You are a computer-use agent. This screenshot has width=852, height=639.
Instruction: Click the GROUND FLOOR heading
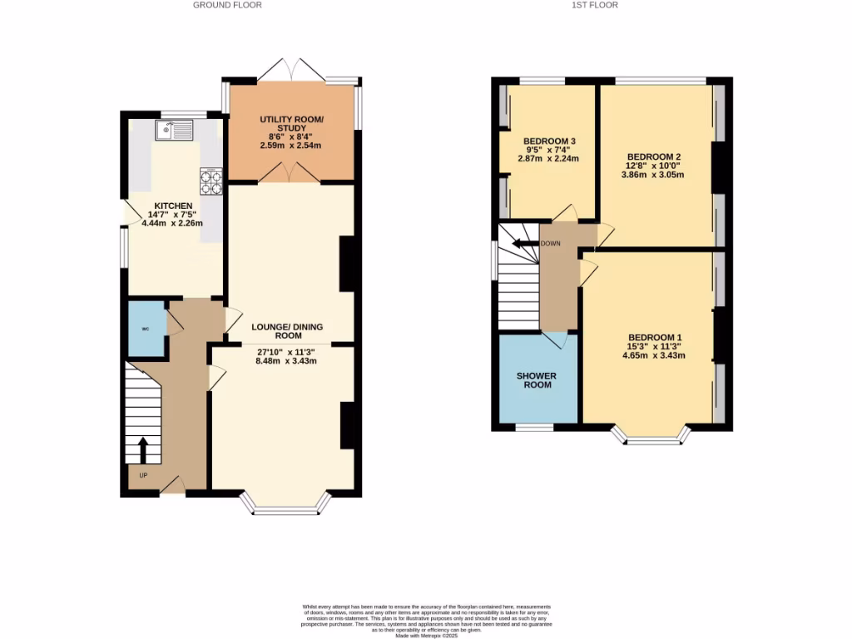click(x=227, y=5)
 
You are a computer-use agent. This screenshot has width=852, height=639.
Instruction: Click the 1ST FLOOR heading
click(x=595, y=5)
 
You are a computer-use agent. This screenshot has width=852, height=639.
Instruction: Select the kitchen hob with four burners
click(x=211, y=181)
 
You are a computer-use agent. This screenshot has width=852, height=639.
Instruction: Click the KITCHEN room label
click(x=173, y=206)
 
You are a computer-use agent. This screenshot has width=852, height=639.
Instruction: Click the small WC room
click(x=146, y=329)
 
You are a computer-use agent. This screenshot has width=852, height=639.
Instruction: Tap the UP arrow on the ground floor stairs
click(x=142, y=450)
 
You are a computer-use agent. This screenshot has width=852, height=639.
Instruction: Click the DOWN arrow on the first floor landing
click(x=523, y=244)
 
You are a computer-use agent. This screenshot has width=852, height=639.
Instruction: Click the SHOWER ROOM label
click(x=537, y=380)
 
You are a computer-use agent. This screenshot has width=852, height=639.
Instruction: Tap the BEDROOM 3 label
click(x=549, y=141)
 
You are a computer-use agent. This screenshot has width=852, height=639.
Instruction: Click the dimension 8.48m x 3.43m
click(x=287, y=361)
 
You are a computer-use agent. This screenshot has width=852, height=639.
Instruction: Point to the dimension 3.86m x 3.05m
click(x=654, y=175)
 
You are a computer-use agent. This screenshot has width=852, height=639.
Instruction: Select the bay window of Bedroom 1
click(x=652, y=437)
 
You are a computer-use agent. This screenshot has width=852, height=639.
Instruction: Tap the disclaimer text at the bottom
click(x=426, y=620)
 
